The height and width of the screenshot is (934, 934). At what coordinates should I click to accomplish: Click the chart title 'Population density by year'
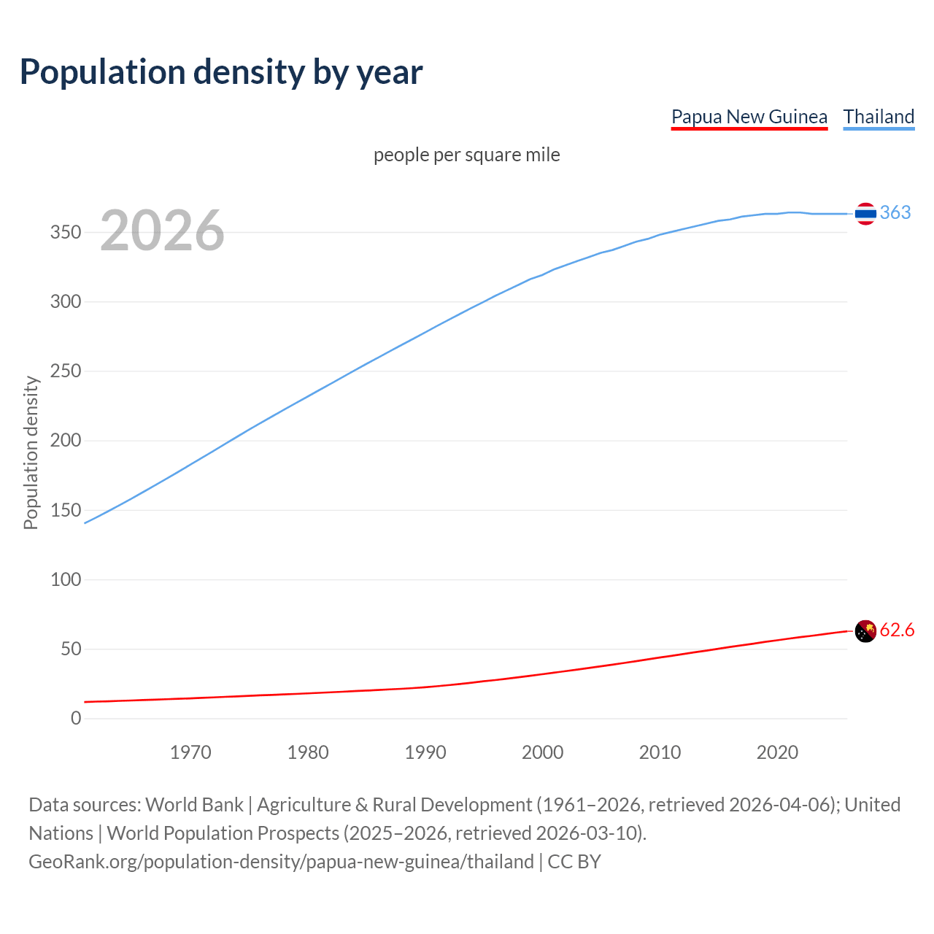click(x=221, y=72)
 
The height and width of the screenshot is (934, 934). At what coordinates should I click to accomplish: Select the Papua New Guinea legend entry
click(x=749, y=117)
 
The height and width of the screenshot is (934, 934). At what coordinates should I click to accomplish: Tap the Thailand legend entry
click(x=879, y=117)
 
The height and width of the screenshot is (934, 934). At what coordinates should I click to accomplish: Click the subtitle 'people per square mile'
click(x=466, y=155)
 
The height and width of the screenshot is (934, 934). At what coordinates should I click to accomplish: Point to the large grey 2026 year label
click(x=162, y=231)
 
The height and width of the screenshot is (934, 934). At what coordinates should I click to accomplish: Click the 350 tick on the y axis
click(x=65, y=232)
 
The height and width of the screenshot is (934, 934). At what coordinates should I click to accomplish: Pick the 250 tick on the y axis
click(x=65, y=371)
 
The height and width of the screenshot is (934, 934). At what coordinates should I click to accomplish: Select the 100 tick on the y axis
click(x=65, y=579)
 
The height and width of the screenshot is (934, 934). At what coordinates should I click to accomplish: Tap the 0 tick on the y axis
click(x=76, y=719)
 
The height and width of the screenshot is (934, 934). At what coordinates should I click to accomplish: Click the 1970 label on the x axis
click(x=190, y=752)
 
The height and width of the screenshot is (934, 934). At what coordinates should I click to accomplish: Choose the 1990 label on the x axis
click(x=425, y=752)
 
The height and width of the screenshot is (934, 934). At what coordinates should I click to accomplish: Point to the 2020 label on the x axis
click(x=777, y=752)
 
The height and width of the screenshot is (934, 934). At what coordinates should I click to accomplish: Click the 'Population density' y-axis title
click(x=31, y=452)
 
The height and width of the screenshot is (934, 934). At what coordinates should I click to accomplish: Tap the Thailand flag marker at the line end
click(x=865, y=214)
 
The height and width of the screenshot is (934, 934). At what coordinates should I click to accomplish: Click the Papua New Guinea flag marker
click(x=865, y=631)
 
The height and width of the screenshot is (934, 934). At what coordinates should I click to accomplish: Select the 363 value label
click(x=895, y=212)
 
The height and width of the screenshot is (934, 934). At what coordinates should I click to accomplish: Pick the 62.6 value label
click(x=897, y=630)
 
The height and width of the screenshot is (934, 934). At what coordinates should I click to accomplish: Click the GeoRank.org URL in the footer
click(x=281, y=862)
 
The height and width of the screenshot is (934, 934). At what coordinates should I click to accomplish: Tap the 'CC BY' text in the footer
click(x=574, y=862)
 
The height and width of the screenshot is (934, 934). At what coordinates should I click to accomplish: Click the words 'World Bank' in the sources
click(x=194, y=805)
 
